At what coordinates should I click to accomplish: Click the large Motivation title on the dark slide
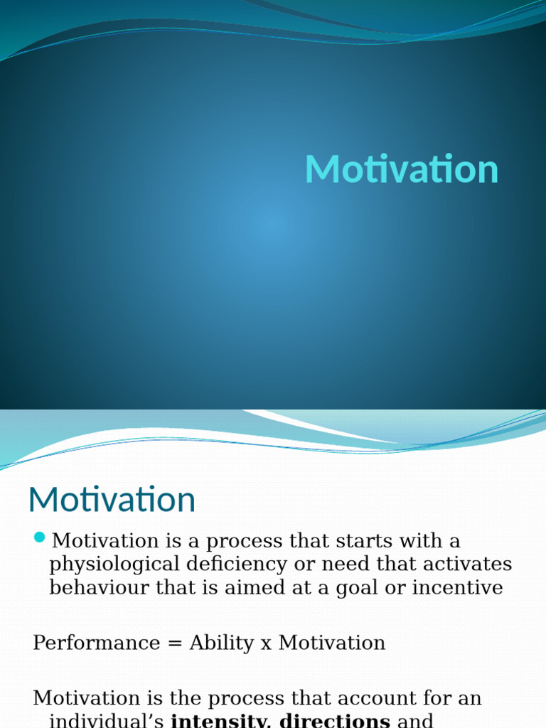coord(402,171)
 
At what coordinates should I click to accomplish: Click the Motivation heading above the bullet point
coord(112,500)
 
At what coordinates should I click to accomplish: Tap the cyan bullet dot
coord(40,537)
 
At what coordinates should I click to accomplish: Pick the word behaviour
coord(97,587)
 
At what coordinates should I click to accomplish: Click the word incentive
coord(459,587)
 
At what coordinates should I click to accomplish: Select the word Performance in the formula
coord(97,643)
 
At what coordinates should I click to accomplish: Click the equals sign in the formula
coord(174,643)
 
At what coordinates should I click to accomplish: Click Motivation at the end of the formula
coord(331,643)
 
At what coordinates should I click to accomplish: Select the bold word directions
coord(335,719)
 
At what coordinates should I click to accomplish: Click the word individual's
coord(107,719)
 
